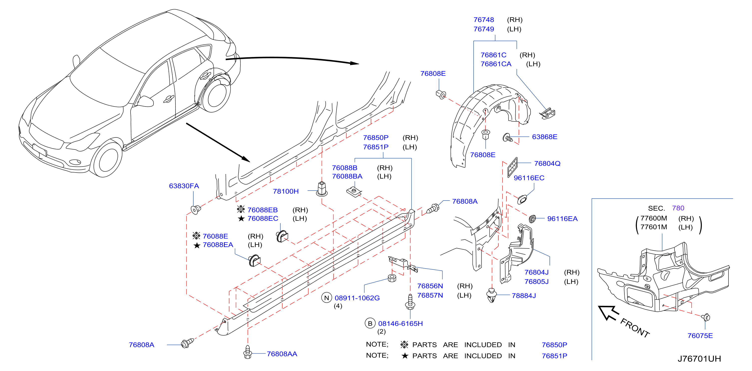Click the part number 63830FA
184,186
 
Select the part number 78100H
286,191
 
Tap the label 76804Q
547,163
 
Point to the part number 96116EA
562,219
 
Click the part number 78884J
524,295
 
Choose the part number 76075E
700,335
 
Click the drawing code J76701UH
699,359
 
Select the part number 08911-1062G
357,298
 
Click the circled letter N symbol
326,298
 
